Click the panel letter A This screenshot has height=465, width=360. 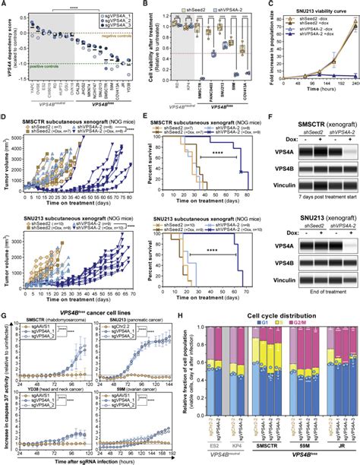click(x=5, y=5)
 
